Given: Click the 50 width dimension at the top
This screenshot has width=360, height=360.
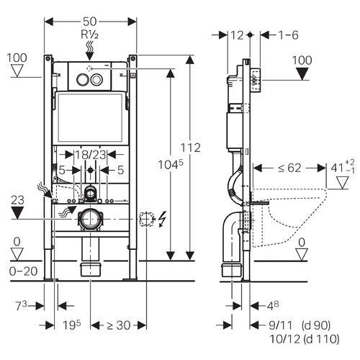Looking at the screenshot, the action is coord(90,22).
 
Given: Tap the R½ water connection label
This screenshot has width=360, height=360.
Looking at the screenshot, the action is coord(89,35).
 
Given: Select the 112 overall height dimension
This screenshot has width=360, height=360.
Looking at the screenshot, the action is coord(190,148).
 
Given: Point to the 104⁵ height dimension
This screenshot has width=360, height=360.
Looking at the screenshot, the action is coord(170,165).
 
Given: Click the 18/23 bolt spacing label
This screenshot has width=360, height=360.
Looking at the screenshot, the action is coord(91,155).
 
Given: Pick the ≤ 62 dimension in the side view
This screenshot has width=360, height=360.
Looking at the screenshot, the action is coord(289,168).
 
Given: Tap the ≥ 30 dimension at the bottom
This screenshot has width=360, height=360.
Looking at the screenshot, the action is coord(119,325).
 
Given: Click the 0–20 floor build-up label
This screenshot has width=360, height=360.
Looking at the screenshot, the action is coord(23,271).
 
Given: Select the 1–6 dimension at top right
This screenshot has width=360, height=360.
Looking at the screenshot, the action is coord(288,35).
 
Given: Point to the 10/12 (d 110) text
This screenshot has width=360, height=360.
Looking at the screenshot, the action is coord(305,339).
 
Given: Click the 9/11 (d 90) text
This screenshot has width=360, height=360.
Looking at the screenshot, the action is coord(300,325).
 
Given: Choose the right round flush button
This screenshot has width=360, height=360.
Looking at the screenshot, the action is coord(97,79).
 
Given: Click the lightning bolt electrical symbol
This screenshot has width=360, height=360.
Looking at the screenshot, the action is coord(163,219).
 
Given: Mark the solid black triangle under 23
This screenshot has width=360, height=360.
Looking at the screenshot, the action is coord(17,213).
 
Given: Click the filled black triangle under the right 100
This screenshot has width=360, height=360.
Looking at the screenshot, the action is coord(302,73).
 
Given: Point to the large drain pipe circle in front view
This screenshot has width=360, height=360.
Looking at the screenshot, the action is coord(90,219).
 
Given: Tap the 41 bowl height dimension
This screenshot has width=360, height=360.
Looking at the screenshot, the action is coord(343,166).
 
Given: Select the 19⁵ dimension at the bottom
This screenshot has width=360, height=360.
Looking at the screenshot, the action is coord(72,325).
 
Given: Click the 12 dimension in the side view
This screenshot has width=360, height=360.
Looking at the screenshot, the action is coord(237,35).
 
